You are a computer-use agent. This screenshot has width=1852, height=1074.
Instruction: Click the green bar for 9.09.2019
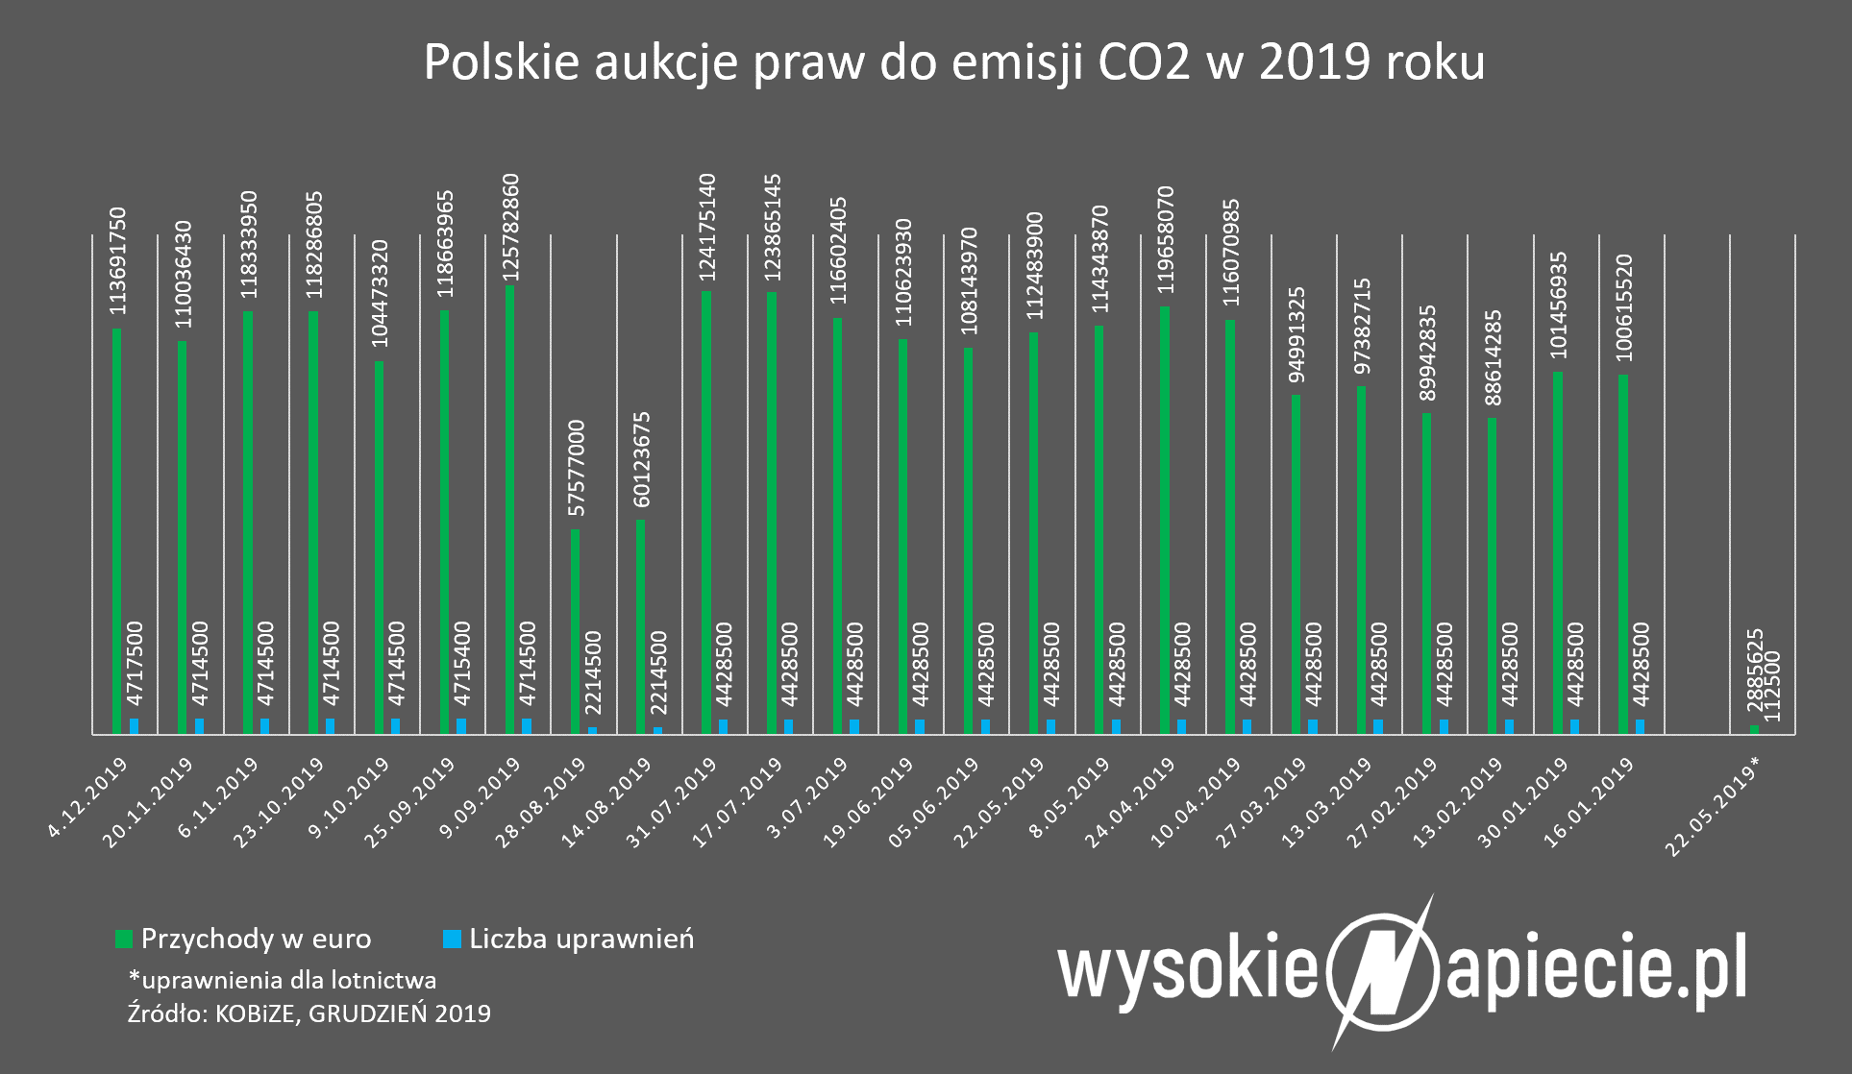[509, 509]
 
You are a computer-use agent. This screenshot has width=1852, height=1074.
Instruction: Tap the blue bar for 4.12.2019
[135, 726]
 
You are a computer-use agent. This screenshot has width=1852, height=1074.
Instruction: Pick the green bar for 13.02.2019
[1492, 575]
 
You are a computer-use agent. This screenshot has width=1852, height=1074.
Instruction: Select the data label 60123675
[642, 461]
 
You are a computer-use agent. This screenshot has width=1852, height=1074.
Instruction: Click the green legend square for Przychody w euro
[123, 940]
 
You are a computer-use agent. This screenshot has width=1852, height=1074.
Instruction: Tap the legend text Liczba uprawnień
[581, 939]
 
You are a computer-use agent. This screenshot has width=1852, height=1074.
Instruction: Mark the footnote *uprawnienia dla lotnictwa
[283, 980]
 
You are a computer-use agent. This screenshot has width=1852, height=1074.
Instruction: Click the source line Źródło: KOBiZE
[309, 1013]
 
